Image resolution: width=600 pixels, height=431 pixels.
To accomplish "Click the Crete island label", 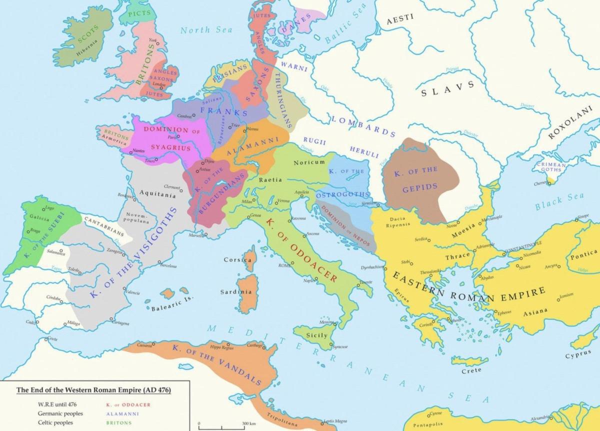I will click(471, 370).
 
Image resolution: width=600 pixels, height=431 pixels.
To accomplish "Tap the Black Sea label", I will click(555, 201).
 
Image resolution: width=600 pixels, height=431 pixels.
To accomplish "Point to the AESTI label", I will click(400, 18).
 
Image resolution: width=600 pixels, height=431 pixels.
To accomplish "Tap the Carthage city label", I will click(254, 345).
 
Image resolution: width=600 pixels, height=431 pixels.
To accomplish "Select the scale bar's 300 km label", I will click(249, 423).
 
